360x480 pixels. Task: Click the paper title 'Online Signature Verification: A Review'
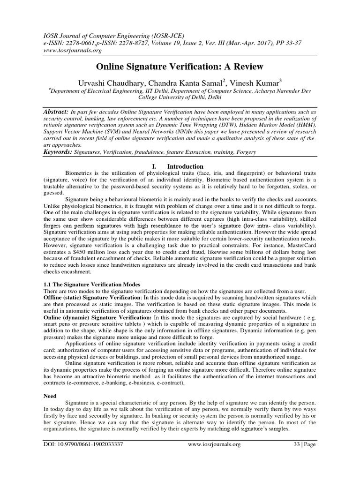pos(180,67)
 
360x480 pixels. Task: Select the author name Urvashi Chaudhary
pos(109,83)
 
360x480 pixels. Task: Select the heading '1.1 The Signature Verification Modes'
pos(90,285)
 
